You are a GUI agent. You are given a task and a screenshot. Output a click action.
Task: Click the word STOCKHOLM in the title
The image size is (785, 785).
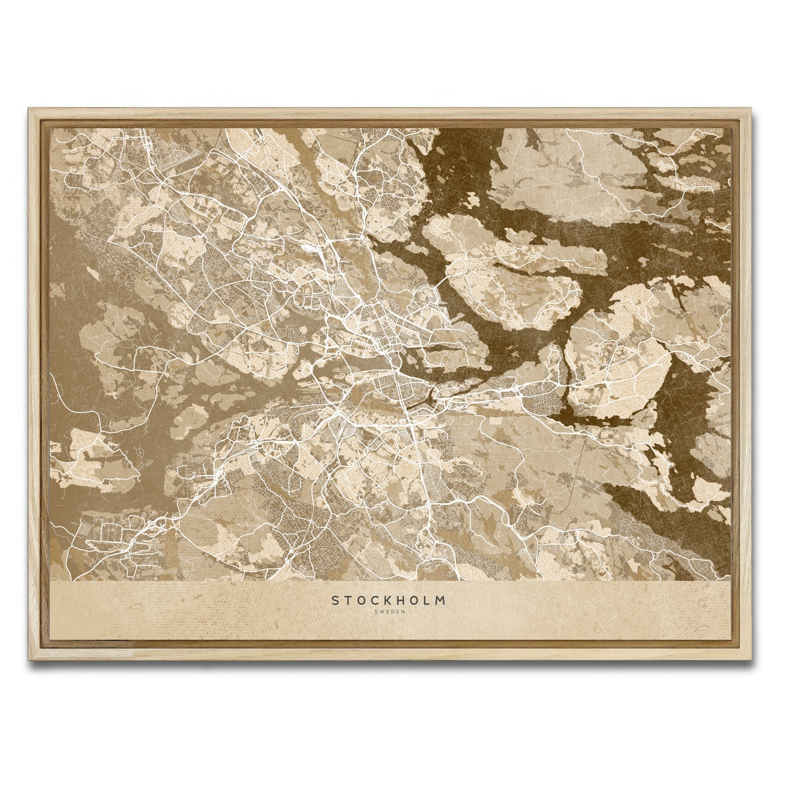point(390,600)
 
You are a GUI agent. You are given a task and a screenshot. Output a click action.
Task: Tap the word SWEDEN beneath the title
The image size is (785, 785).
point(390,612)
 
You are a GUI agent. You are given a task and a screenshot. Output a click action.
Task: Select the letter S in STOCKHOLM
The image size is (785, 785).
point(336,600)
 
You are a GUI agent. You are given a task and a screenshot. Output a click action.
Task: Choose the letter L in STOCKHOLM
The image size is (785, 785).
point(432,600)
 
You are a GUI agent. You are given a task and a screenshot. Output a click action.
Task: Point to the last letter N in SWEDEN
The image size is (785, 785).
point(403,612)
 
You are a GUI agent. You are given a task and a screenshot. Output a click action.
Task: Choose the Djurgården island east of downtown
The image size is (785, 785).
point(458,360)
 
